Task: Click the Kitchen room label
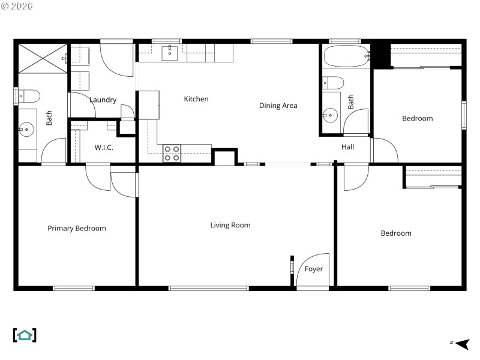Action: (x=196, y=99)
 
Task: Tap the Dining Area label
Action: (x=278, y=106)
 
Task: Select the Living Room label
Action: (x=230, y=225)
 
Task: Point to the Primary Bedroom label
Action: (x=77, y=228)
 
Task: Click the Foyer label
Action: (x=314, y=269)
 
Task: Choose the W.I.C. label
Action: (x=104, y=148)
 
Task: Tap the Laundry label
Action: (x=103, y=100)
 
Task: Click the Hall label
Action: (x=348, y=147)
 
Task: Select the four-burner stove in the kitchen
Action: (x=172, y=154)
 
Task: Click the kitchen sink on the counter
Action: (x=170, y=53)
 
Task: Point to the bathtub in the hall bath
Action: (x=345, y=57)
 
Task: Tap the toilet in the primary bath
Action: (x=29, y=95)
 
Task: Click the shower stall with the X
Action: (x=41, y=58)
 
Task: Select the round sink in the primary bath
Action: (x=26, y=128)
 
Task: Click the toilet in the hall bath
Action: (x=333, y=82)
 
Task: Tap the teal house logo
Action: (x=25, y=335)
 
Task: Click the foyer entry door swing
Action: (x=313, y=270)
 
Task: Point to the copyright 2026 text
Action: (x=17, y=6)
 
